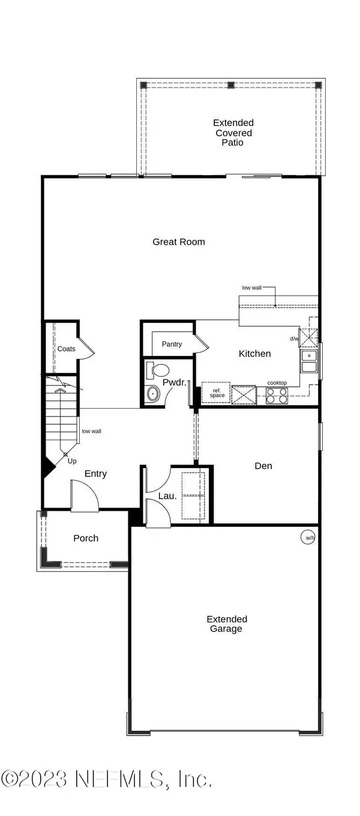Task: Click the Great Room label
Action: [178, 242]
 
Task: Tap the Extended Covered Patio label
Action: [233, 133]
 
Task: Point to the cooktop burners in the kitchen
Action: [277, 395]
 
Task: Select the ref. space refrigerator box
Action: [217, 393]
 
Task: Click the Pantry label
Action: [172, 344]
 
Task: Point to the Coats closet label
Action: [66, 349]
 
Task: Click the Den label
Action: [264, 466]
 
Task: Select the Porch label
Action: [86, 538]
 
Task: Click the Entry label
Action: [95, 474]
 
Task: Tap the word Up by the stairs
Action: [72, 461]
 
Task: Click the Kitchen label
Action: [254, 353]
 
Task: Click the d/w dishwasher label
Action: [294, 339]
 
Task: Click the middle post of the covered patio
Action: [231, 85]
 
